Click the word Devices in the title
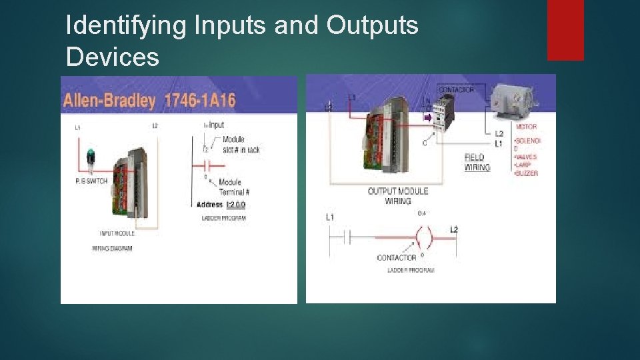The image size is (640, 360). tap(113, 57)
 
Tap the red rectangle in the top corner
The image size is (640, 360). tap(565, 29)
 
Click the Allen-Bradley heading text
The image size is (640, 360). tap(109, 101)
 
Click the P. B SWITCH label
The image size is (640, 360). tap(91, 181)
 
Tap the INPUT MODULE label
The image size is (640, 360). tap(117, 233)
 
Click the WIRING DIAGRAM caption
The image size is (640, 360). tap(112, 248)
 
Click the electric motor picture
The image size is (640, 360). tap(515, 98)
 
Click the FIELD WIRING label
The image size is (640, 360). tap(477, 163)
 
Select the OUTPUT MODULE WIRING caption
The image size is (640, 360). tap(398, 196)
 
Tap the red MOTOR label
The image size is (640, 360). tap(526, 127)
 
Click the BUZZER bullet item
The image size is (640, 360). tap(527, 173)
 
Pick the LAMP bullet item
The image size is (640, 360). tap(525, 165)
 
